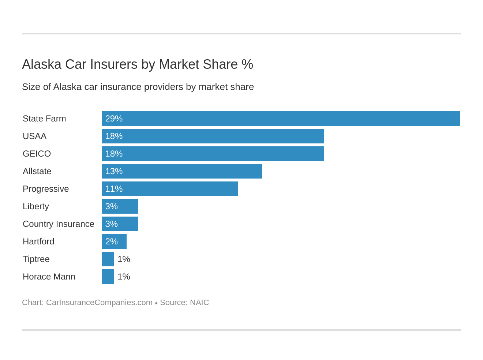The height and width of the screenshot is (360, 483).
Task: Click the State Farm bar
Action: (x=281, y=119)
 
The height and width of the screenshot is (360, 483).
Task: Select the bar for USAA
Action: (x=213, y=136)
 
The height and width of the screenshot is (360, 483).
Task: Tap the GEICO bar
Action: (x=213, y=154)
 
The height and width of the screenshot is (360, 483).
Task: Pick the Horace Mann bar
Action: (x=108, y=277)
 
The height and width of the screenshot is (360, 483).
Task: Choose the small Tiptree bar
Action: (x=108, y=259)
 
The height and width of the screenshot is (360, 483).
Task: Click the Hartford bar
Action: (x=114, y=241)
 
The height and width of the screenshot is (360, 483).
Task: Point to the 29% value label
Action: (x=114, y=119)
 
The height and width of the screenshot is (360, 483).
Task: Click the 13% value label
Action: (x=114, y=171)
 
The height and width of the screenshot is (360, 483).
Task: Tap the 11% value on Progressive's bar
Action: (x=114, y=189)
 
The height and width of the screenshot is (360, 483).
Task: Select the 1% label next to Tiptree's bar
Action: (x=124, y=259)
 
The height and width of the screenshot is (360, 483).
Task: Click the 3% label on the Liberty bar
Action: (x=111, y=206)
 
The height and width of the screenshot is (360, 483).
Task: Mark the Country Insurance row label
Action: (x=59, y=224)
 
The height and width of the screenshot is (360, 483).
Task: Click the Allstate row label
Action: (x=37, y=171)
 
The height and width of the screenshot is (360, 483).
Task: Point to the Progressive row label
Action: (x=46, y=189)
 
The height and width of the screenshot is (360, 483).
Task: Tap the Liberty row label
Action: (x=36, y=206)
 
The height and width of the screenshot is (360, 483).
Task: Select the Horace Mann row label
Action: (x=49, y=277)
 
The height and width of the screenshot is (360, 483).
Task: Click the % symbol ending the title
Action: (x=247, y=64)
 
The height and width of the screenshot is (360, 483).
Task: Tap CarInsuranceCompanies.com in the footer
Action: (x=99, y=303)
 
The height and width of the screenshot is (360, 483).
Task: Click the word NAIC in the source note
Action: (x=199, y=303)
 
